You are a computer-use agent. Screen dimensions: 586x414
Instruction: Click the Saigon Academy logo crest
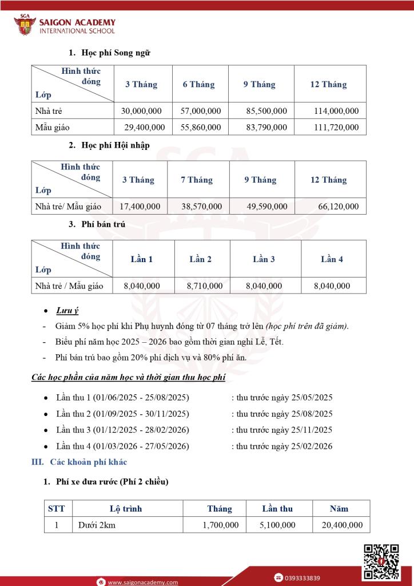(24, 25)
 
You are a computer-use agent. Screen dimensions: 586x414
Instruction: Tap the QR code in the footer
(381, 562)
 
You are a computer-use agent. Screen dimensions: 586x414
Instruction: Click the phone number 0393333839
(304, 577)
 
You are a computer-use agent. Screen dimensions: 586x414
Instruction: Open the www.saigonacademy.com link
(142, 582)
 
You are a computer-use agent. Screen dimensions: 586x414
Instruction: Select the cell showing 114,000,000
(336, 111)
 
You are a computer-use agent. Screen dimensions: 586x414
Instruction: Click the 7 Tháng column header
(196, 180)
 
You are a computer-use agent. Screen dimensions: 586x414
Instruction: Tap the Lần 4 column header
(332, 259)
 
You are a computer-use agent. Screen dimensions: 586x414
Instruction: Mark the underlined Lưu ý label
(67, 311)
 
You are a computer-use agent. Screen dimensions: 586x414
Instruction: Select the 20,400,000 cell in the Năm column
(341, 524)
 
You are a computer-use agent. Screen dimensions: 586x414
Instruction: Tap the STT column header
(57, 508)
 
